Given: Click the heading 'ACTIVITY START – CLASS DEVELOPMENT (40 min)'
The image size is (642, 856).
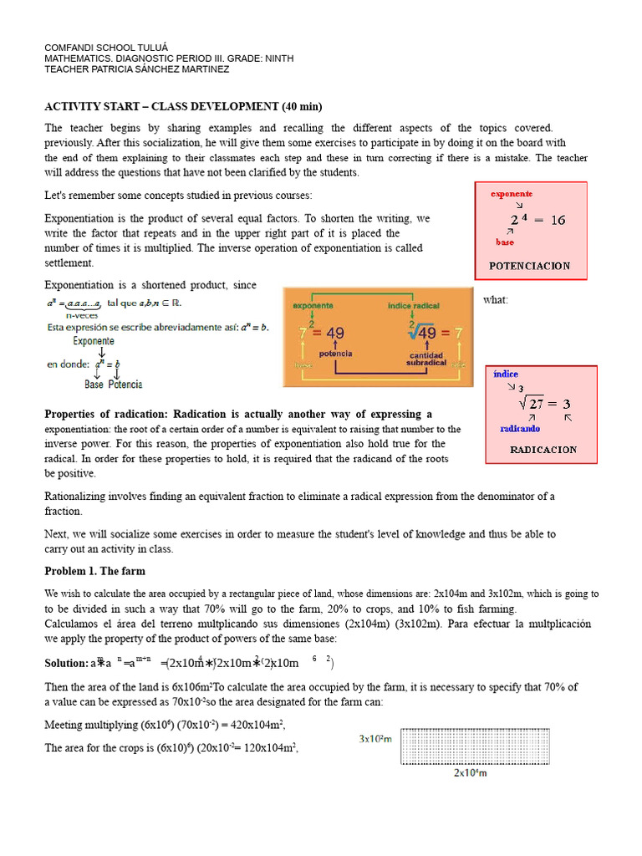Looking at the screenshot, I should point(182,106).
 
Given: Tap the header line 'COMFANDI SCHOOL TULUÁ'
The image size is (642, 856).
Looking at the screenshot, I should point(106,48).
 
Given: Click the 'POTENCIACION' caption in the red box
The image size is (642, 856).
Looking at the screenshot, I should point(529,266).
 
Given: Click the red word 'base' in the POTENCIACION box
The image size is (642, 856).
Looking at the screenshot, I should point(505,242).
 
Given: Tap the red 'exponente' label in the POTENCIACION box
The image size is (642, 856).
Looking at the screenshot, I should point(512,194).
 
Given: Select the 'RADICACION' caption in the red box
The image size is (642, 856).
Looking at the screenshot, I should point(543,449).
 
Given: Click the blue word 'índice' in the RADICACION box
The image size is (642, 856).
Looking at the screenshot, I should point(506,374).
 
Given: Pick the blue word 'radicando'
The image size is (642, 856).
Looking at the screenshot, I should point(519,427).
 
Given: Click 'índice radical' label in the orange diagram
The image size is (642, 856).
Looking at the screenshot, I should point(414,306).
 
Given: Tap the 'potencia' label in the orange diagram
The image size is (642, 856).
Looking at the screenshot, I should point(335,354).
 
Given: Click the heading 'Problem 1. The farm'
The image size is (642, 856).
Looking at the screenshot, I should point(94,571).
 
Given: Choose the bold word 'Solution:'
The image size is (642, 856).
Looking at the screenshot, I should point(66,663).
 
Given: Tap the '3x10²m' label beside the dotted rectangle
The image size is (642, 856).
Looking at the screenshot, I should point(376,739).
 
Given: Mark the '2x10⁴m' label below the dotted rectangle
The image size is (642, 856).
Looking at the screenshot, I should point(471,772).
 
